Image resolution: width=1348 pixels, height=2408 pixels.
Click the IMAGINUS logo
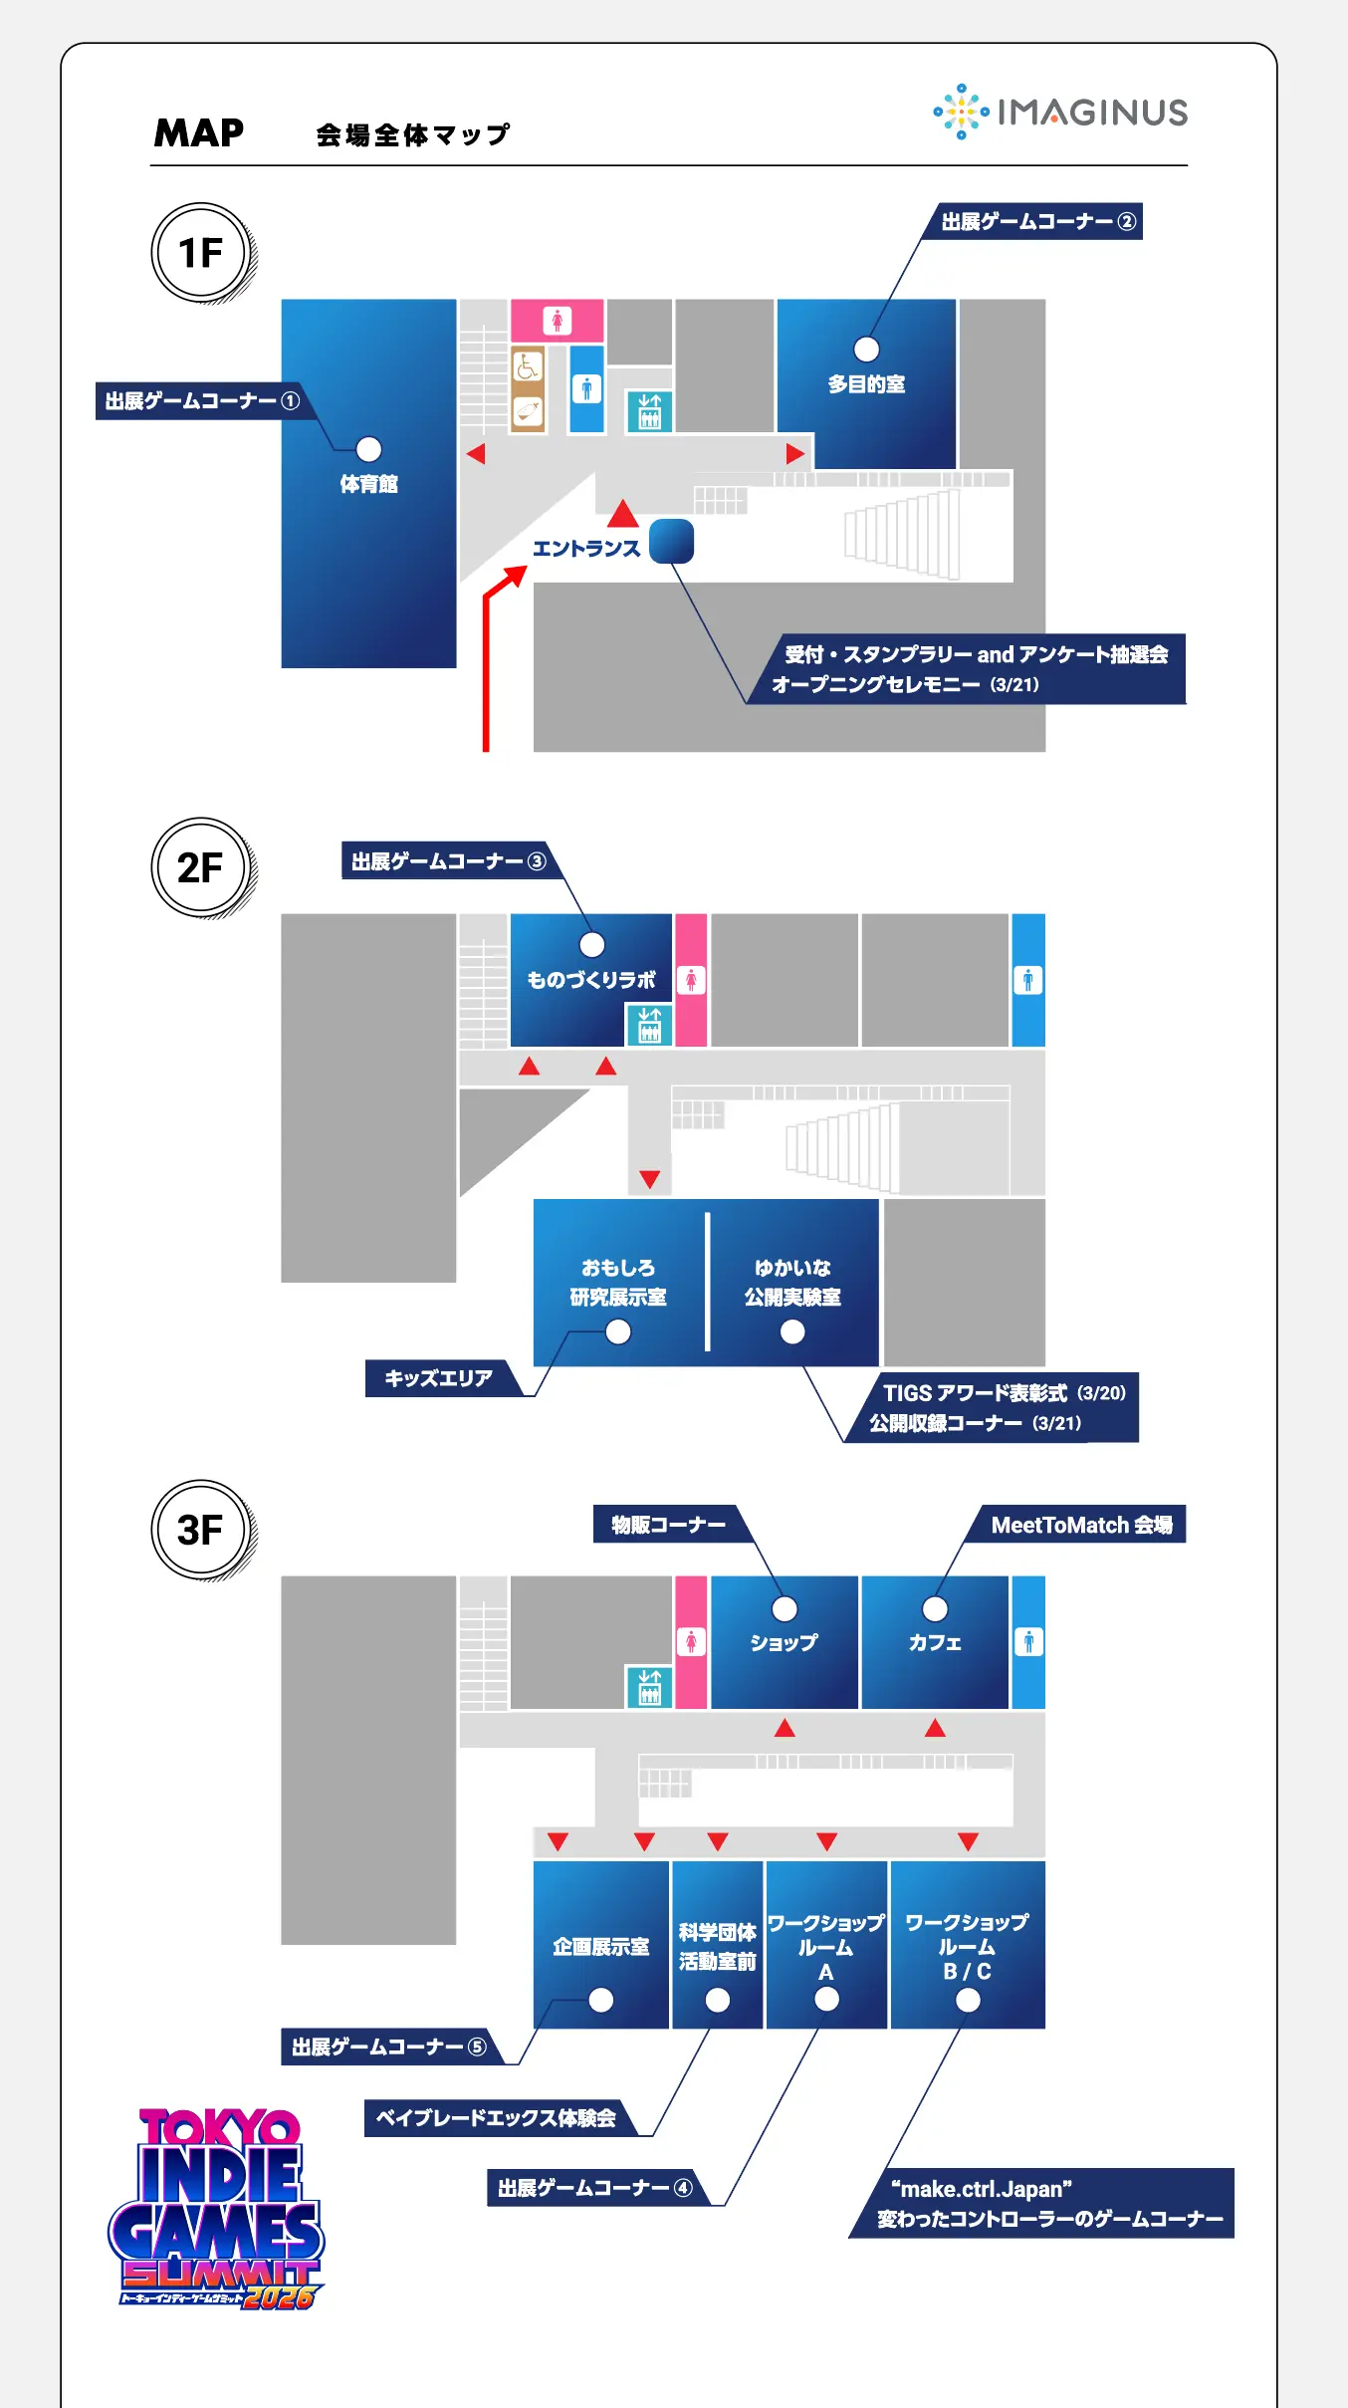(x=1061, y=112)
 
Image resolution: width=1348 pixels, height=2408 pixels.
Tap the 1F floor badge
(x=201, y=253)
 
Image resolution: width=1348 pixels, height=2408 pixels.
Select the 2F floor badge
(x=201, y=867)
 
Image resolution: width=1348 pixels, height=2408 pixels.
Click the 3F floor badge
(x=201, y=1530)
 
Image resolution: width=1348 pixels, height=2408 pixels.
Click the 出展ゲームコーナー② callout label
(x=1037, y=221)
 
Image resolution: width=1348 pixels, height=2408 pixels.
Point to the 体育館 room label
(x=368, y=484)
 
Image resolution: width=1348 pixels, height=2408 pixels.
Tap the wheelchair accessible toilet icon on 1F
(x=528, y=366)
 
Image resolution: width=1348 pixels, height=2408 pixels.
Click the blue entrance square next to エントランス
(x=671, y=541)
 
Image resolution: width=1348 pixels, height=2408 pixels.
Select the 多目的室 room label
(x=866, y=383)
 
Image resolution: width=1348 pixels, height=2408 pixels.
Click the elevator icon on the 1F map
(x=649, y=410)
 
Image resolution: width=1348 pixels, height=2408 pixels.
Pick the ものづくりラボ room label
(x=591, y=980)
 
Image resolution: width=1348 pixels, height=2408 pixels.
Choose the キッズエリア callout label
(x=439, y=1378)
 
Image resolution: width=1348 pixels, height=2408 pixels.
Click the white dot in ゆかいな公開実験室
(x=792, y=1331)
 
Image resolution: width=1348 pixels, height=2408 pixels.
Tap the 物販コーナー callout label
(x=668, y=1525)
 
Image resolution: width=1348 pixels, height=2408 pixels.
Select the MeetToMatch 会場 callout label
(x=1081, y=1525)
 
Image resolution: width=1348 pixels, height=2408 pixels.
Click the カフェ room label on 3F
(x=934, y=1643)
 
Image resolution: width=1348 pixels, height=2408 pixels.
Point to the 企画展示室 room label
(x=600, y=1947)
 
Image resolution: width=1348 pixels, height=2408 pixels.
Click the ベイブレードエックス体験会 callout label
(x=496, y=2118)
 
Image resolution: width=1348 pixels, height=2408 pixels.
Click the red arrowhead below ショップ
(x=785, y=1728)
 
